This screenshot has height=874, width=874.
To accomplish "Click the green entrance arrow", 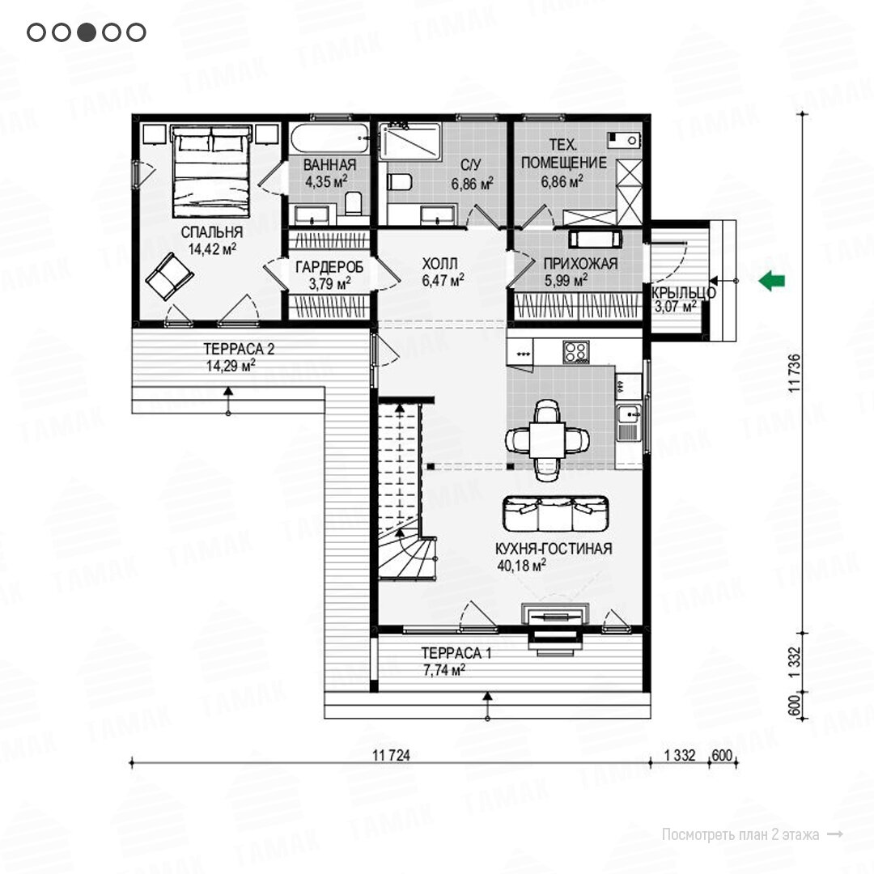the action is pyautogui.click(x=772, y=280).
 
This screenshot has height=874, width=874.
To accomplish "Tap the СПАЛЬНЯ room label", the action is pyautogui.click(x=212, y=232).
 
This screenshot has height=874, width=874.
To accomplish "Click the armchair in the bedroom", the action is pyautogui.click(x=169, y=277).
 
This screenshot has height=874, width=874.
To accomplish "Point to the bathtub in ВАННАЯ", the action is pyautogui.click(x=329, y=138).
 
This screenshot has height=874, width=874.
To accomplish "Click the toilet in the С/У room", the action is pyautogui.click(x=399, y=182).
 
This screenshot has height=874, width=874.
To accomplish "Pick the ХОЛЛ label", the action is pyautogui.click(x=439, y=263).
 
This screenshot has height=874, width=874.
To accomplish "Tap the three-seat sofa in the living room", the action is pyautogui.click(x=556, y=513).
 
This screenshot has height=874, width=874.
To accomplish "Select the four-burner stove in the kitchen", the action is pyautogui.click(x=576, y=352).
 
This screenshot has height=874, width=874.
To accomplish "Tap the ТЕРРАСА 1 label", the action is pyautogui.click(x=456, y=653).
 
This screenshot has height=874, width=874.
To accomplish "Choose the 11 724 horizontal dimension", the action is pyautogui.click(x=391, y=755).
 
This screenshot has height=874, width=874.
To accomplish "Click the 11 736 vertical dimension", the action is pyautogui.click(x=795, y=373).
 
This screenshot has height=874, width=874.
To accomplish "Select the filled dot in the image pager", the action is pyautogui.click(x=87, y=32).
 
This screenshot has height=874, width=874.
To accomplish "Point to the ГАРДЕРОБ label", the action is pyautogui.click(x=329, y=267).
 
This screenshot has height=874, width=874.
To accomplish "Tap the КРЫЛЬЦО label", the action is pyautogui.click(x=683, y=292).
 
